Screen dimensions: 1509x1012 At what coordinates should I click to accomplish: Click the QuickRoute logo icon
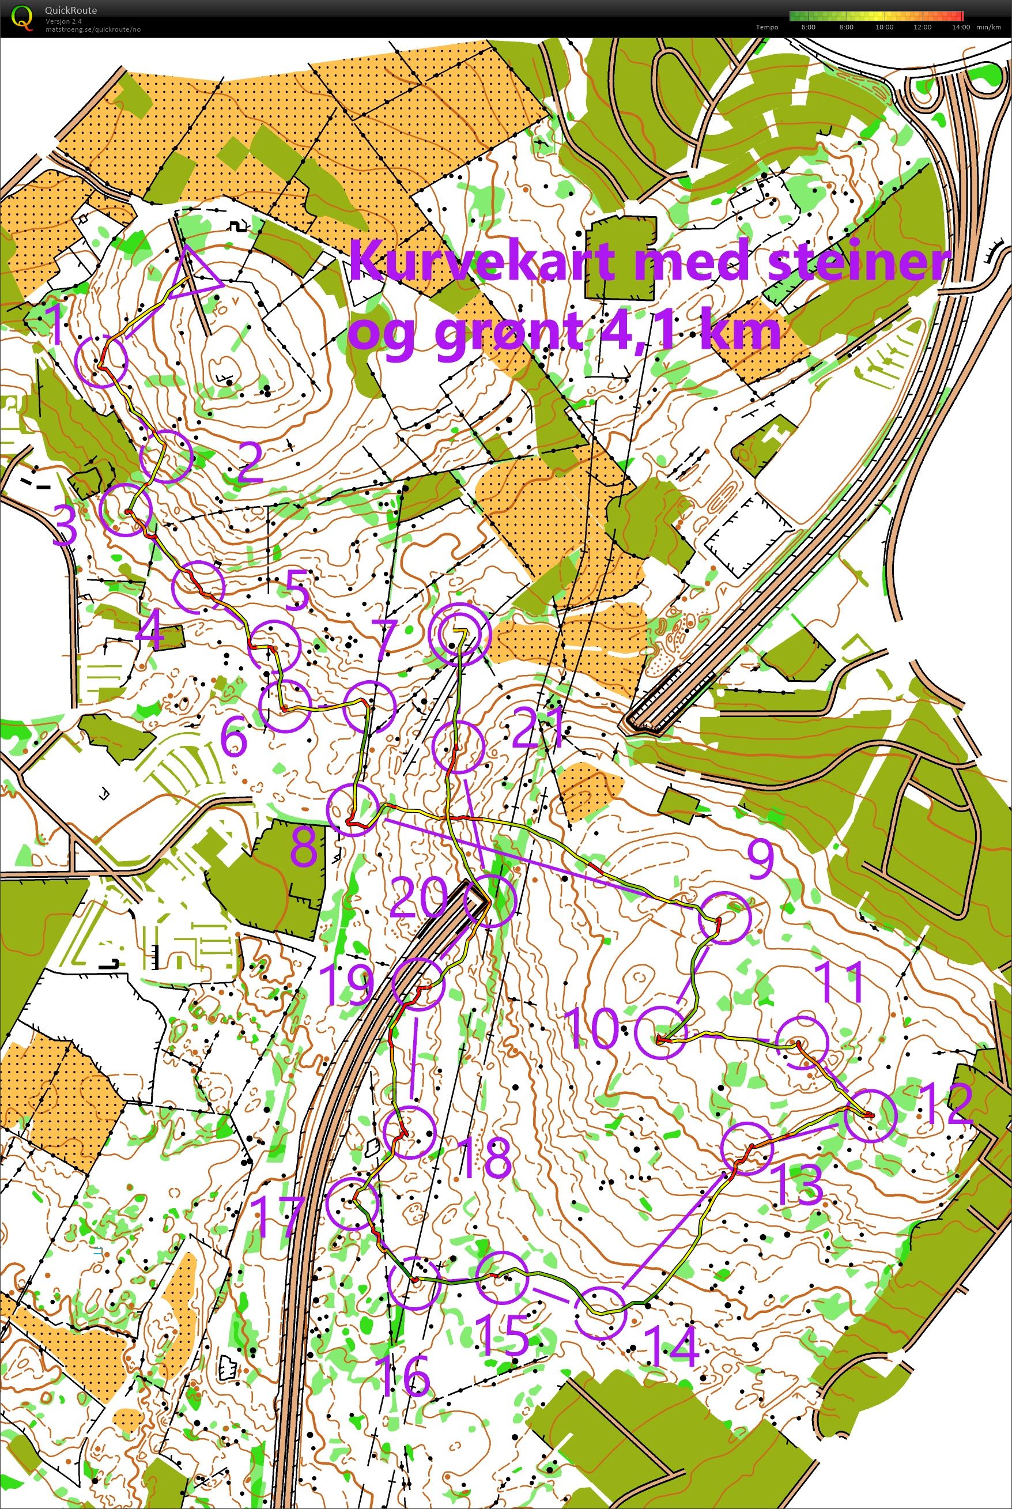[22, 17]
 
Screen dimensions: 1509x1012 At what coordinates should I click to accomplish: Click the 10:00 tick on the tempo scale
[883, 27]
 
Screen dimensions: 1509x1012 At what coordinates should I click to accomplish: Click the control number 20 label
[418, 899]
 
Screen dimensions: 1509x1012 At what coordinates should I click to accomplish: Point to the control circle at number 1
[101, 361]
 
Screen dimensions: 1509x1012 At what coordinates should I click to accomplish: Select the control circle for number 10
[660, 1031]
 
